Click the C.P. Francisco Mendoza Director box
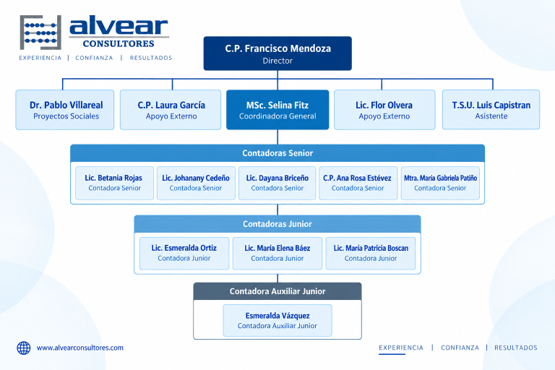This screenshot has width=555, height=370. [277, 53]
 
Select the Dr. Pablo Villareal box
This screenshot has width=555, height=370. [65, 110]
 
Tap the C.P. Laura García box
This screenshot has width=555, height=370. [171, 110]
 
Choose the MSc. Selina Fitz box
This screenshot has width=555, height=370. [277, 110]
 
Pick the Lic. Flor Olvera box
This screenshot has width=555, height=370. [384, 110]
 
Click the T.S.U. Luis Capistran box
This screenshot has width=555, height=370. [491, 110]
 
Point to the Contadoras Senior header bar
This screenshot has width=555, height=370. [277, 153]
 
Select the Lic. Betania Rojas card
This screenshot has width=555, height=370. [114, 183]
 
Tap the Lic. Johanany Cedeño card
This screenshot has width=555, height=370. [196, 183]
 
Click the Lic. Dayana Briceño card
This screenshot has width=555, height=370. [277, 183]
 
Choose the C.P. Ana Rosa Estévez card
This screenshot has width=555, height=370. [358, 183]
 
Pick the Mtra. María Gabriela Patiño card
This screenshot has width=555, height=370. [440, 183]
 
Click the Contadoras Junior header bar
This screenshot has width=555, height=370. [277, 224]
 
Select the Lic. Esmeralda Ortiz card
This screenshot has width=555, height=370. [184, 254]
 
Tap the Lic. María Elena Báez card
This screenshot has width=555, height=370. [277, 254]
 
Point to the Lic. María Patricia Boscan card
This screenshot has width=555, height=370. [371, 254]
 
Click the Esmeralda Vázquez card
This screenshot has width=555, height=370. [277, 320]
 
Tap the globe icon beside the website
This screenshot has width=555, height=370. [24, 348]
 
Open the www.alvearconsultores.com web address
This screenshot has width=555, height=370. [80, 348]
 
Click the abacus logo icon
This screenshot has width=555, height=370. [40, 33]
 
